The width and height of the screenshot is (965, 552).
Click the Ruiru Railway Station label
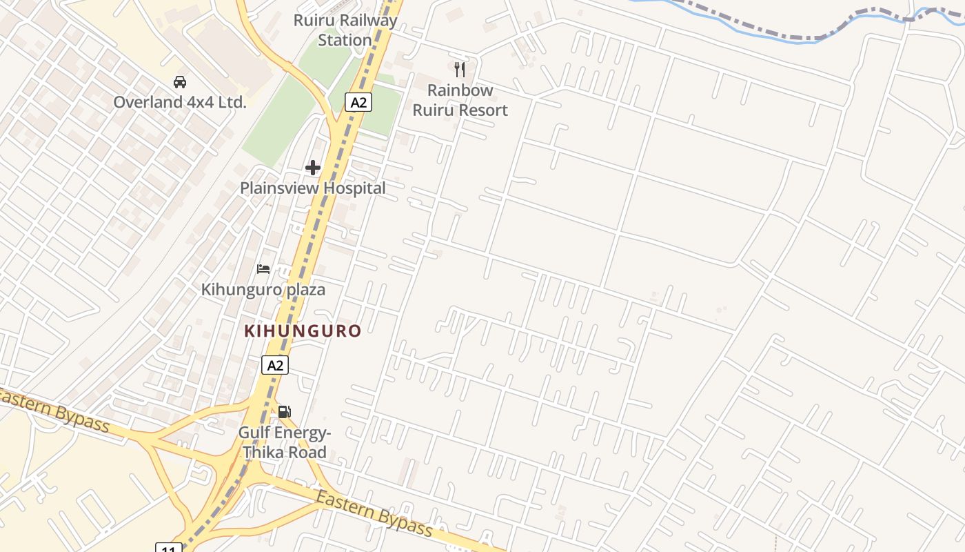point(345,30)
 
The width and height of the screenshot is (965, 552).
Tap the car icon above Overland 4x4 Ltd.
point(180,82)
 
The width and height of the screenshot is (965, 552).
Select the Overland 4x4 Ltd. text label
point(180,102)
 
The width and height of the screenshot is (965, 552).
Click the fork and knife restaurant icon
point(460,69)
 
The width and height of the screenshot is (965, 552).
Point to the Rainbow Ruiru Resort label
point(460,100)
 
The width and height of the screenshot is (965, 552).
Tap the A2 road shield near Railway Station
point(358,103)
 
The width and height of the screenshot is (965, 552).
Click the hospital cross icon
point(313,168)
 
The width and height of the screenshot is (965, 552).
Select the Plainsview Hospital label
point(313,188)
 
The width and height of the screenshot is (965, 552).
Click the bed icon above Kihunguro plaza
point(263,269)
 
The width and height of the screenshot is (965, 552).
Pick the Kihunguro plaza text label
point(263,289)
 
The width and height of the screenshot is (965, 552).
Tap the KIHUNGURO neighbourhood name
point(303,331)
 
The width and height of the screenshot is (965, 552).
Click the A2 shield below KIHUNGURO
point(275,365)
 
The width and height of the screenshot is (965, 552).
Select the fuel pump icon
point(284,412)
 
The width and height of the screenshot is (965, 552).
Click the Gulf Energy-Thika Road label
point(284,443)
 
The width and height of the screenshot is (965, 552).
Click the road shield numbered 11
point(169,549)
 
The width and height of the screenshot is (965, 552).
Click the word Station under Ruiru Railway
point(345,40)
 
